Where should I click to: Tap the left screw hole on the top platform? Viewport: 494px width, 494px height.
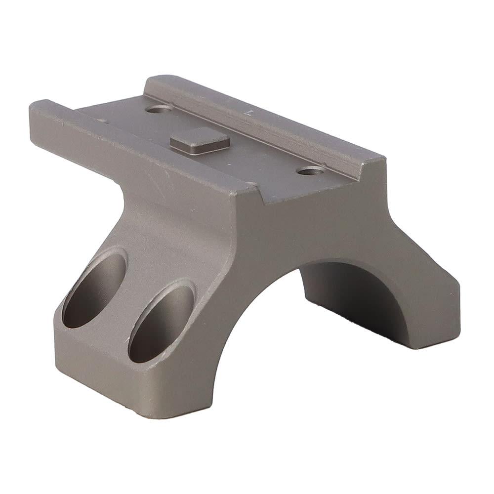(x=159, y=108)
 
